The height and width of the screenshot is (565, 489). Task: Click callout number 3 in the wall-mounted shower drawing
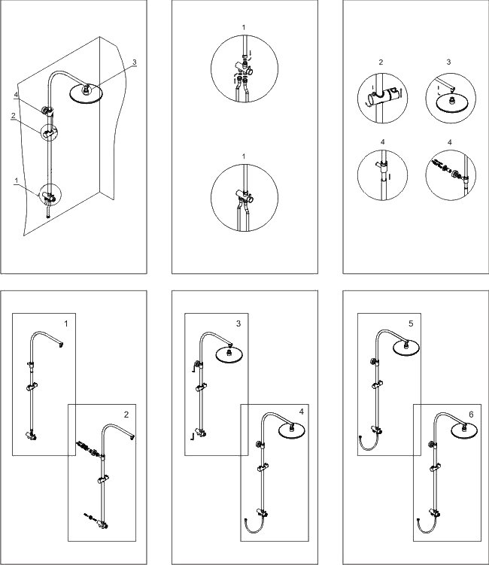pos(135,62)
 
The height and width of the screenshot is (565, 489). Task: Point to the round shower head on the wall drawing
pos(86,93)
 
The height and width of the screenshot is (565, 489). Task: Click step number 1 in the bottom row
pos(66,324)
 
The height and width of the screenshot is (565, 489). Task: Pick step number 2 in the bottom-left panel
pos(126,415)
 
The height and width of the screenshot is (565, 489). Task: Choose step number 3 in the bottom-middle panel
pos(238,324)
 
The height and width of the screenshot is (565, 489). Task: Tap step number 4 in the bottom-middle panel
pos(300,412)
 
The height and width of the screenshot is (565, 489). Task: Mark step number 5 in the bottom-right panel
pos(411,324)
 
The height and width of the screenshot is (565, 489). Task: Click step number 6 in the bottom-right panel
pos(471,414)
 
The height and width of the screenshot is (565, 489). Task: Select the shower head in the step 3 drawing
pos(231,354)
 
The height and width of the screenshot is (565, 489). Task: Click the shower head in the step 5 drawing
pos(406,347)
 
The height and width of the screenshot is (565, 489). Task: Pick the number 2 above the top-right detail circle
pos(381,62)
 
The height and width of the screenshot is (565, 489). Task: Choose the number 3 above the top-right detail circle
pos(448,62)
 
